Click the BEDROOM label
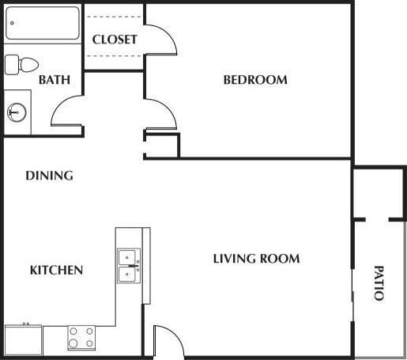tap(254, 80)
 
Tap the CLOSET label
tap(115, 40)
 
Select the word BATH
tap(55, 80)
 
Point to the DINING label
tap(49, 176)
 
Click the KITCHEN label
tap(56, 271)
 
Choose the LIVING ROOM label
tap(256, 259)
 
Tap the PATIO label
tap(379, 282)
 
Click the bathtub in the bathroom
tap(43, 25)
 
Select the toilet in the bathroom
tap(23, 65)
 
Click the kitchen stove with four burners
tap(81, 338)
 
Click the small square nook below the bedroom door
tap(162, 146)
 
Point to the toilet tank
tap(11, 65)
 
